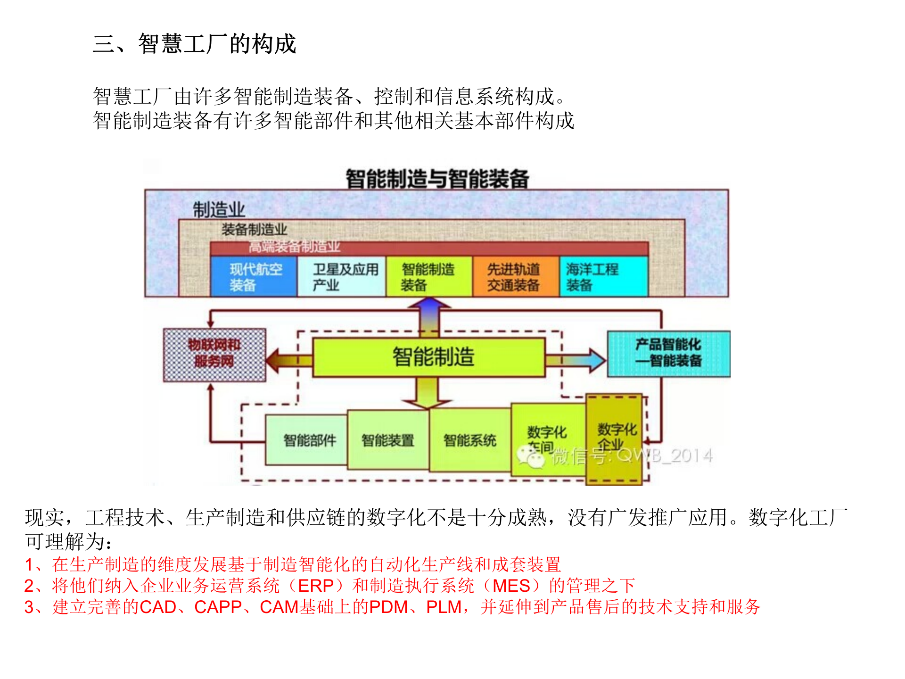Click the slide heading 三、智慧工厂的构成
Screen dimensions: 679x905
(194, 44)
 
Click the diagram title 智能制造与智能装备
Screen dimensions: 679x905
(437, 179)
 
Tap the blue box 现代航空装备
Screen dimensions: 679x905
(254, 277)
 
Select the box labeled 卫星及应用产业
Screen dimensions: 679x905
(342, 277)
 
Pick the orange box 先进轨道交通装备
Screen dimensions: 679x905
(515, 277)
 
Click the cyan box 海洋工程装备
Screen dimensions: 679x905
(603, 277)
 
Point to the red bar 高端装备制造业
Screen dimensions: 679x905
(429, 247)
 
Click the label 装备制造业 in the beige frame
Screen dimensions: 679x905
(254, 230)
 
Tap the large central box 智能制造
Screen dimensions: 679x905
(429, 357)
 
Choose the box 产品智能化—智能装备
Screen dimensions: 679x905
(668, 354)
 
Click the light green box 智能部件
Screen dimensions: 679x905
(307, 440)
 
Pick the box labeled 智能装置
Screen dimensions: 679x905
(388, 440)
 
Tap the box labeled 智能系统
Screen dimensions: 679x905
(470, 440)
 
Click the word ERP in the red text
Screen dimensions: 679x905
(316, 586)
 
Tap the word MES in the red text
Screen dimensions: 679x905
(511, 586)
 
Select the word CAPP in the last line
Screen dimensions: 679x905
(218, 607)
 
